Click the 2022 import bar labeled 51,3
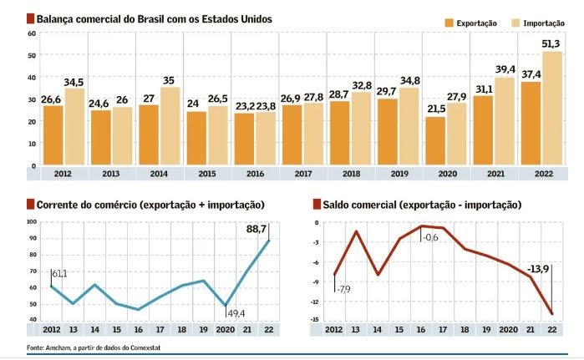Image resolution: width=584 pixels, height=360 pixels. (552, 109)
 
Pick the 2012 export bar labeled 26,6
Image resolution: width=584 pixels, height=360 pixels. (53, 135)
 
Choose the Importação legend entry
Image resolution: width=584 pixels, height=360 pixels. (537, 23)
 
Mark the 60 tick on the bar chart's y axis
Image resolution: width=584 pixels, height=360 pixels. (32, 33)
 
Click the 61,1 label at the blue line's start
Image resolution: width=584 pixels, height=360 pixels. (60, 274)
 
